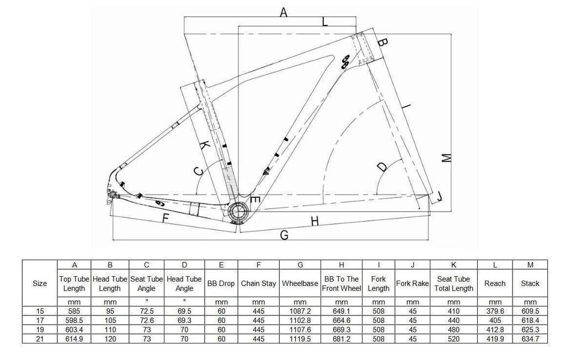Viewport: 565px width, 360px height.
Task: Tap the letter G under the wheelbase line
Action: (284, 235)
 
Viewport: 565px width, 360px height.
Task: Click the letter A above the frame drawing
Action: (284, 13)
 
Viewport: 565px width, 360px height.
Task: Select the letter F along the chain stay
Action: (166, 218)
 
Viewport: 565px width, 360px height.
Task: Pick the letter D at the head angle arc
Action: (382, 168)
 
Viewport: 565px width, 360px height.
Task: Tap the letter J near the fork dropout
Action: (439, 196)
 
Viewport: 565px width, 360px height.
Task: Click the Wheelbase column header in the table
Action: (300, 284)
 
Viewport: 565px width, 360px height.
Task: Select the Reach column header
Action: (495, 284)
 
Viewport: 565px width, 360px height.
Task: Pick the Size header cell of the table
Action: (40, 284)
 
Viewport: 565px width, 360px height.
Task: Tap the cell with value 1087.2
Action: (300, 311)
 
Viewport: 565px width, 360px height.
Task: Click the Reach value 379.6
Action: (495, 311)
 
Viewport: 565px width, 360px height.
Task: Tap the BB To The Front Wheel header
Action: (342, 284)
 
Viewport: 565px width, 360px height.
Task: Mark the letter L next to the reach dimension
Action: (325, 22)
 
